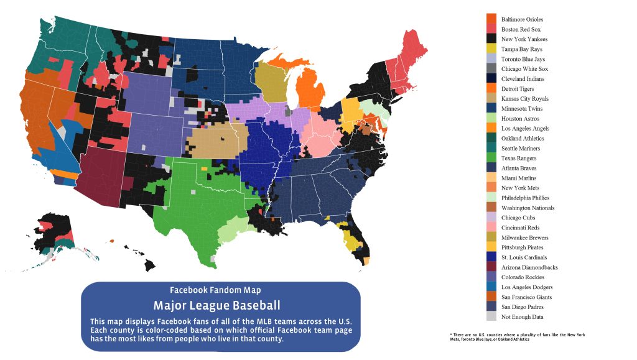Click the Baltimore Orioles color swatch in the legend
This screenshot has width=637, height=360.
pos(491,19)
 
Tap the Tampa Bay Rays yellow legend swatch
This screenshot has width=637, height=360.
pos(491,49)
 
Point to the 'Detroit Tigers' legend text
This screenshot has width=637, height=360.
pos(519,89)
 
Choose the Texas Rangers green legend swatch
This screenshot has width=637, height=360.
pos(491,158)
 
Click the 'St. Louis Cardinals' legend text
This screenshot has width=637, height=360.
pos(524,257)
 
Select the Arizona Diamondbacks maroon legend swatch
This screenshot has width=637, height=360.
pos(491,267)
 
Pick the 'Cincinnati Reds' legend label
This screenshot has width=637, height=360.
pos(521,228)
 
